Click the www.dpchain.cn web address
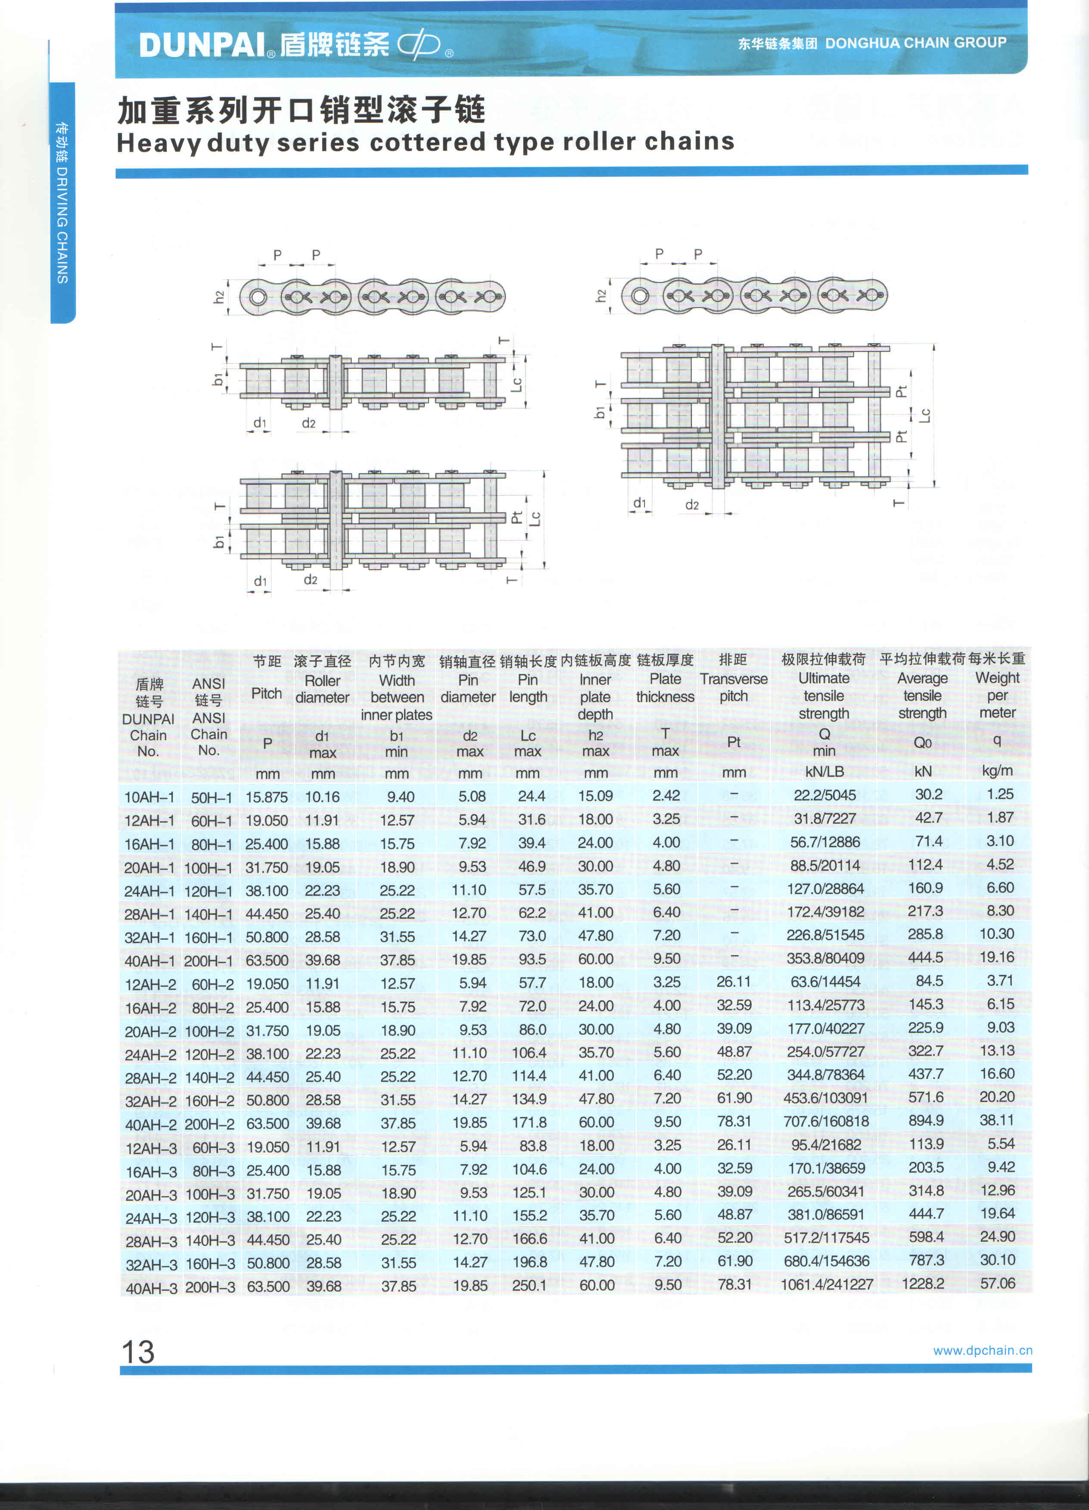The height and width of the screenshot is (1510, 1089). click(x=982, y=1350)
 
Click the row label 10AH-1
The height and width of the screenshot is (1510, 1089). click(x=149, y=797)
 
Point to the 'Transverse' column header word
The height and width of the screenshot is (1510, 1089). click(x=733, y=679)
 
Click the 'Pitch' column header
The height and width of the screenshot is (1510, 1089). click(x=266, y=693)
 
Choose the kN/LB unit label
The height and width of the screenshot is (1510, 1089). click(x=824, y=772)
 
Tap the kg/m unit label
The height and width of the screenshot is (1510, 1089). click(x=997, y=771)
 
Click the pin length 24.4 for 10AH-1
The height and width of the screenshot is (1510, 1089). click(x=532, y=796)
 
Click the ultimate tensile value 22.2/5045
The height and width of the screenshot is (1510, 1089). click(x=825, y=795)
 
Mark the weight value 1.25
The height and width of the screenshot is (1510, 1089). click(x=1000, y=794)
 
